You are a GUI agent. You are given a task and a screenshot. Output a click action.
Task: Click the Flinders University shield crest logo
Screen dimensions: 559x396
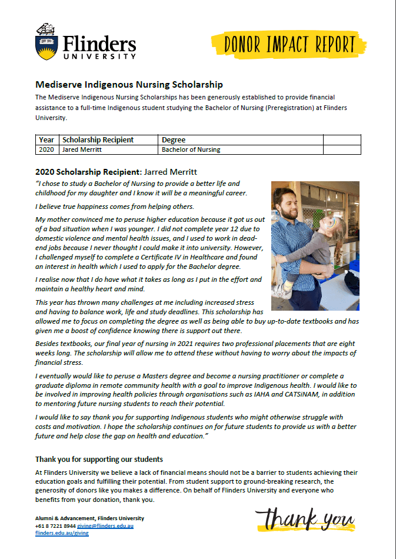(x=46, y=42)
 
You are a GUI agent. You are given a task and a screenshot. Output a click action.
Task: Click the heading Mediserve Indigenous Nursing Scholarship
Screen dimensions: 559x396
(x=129, y=85)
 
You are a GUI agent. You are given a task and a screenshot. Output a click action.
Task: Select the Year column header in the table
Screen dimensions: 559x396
(x=46, y=140)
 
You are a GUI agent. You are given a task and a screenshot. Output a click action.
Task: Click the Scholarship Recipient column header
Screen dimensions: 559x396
(x=98, y=140)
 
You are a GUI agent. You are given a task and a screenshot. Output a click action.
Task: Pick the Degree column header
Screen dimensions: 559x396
(x=174, y=140)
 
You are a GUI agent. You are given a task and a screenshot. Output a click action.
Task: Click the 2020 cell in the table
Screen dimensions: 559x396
(x=46, y=149)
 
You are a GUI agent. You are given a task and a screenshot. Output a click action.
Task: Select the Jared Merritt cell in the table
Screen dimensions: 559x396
(x=82, y=149)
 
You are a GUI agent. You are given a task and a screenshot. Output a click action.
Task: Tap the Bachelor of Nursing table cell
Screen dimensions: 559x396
(x=191, y=149)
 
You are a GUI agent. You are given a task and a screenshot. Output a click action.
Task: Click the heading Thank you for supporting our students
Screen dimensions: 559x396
(x=99, y=459)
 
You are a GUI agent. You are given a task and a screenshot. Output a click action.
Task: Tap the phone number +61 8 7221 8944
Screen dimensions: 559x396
(x=55, y=525)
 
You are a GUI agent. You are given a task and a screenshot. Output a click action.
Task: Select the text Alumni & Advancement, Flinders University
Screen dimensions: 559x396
(x=89, y=518)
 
